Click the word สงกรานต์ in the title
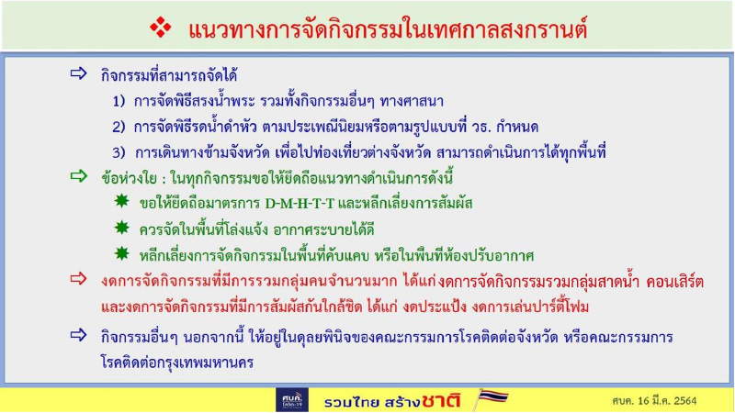tap(541, 29)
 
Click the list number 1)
tap(119, 100)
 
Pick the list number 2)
tap(119, 126)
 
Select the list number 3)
tap(119, 151)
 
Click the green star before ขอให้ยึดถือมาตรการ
tap(120, 202)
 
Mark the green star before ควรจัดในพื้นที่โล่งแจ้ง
tap(120, 228)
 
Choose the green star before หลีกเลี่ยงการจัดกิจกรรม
tap(120, 253)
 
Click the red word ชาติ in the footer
tap(441, 400)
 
